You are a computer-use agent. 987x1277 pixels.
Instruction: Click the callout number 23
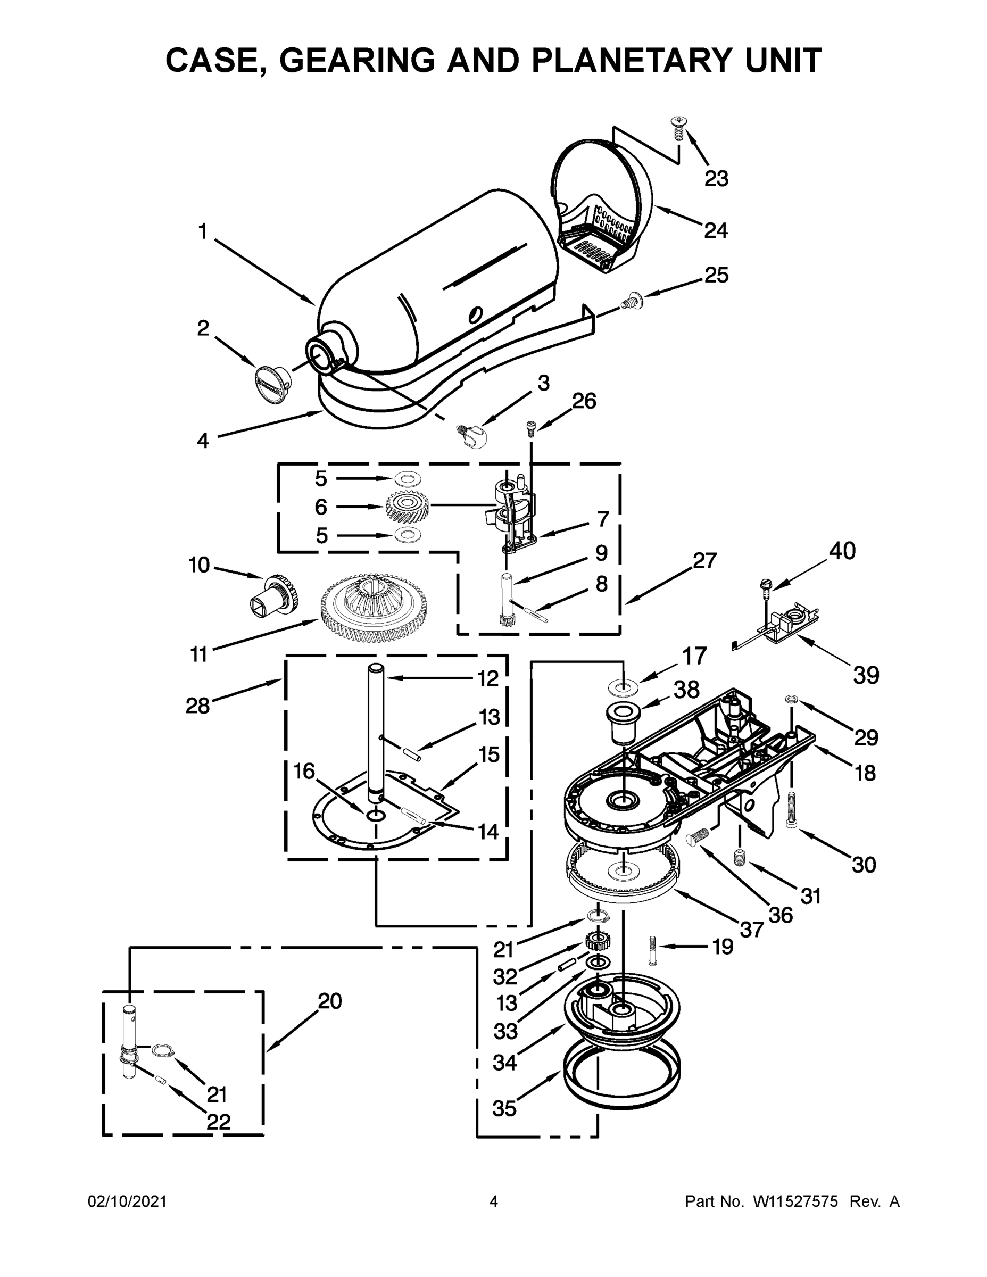(x=716, y=178)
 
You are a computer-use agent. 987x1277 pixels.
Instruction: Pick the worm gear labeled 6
(x=407, y=506)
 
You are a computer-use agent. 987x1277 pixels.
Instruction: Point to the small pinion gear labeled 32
(x=595, y=942)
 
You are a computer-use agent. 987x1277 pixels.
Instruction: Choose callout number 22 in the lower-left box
(x=218, y=1121)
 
